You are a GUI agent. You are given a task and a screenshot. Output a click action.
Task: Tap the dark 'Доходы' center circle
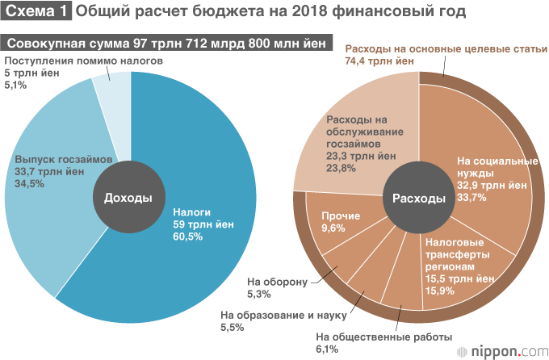coord(128,198)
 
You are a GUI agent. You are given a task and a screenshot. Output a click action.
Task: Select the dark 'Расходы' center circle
coord(418,198)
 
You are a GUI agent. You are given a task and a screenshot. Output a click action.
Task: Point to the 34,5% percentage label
coord(30,183)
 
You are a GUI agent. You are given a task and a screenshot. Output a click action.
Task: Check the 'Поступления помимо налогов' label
coord(84,61)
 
